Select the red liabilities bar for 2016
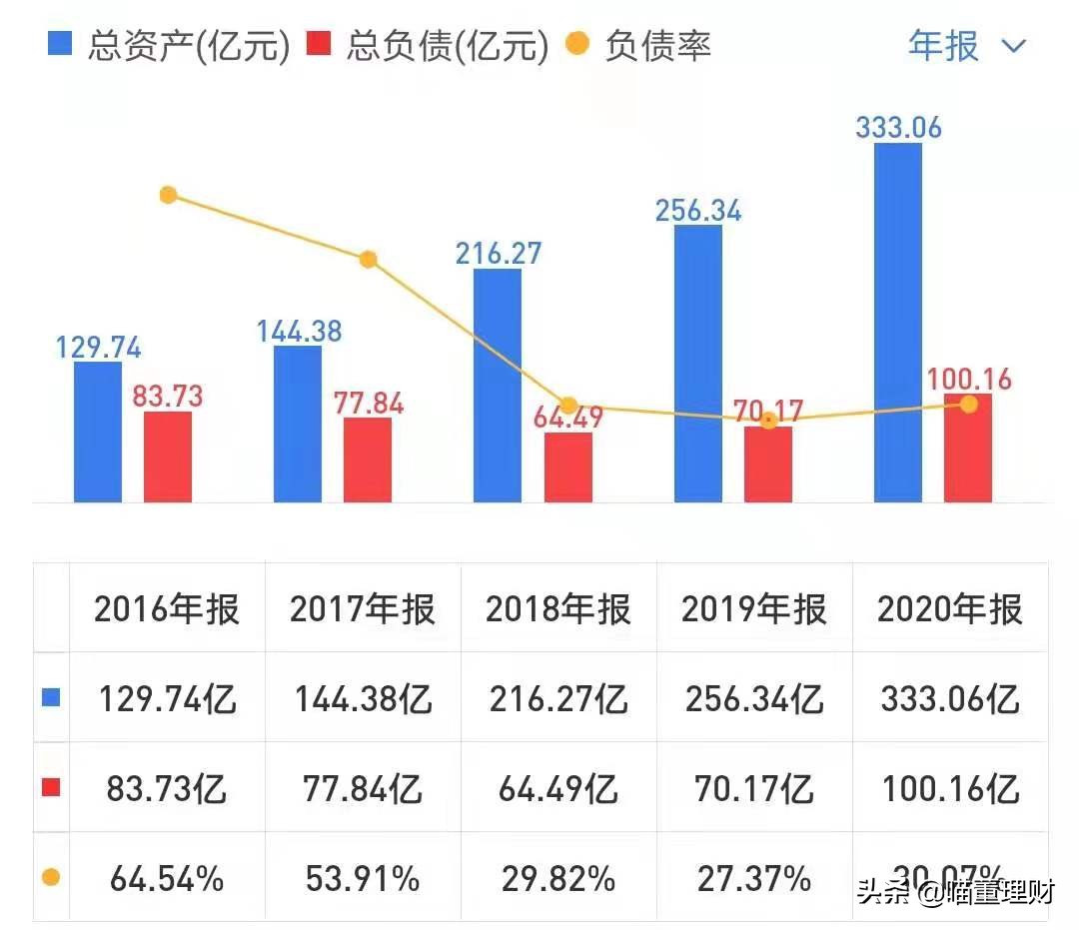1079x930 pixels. (x=168, y=457)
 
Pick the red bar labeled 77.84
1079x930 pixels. (x=368, y=460)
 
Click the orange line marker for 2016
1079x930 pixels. (x=168, y=195)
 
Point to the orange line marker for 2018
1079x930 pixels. (x=567, y=406)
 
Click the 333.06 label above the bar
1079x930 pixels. (x=898, y=128)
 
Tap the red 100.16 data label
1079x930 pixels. (x=968, y=380)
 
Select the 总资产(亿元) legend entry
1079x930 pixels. (x=170, y=46)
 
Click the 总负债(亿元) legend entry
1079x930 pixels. (x=430, y=46)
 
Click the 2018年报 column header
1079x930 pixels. (x=557, y=609)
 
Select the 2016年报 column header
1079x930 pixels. (x=167, y=609)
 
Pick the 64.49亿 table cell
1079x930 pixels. (x=557, y=789)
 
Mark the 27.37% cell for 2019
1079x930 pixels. (x=754, y=878)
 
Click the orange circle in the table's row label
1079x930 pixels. (x=51, y=878)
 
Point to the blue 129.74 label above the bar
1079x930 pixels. (x=97, y=348)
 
